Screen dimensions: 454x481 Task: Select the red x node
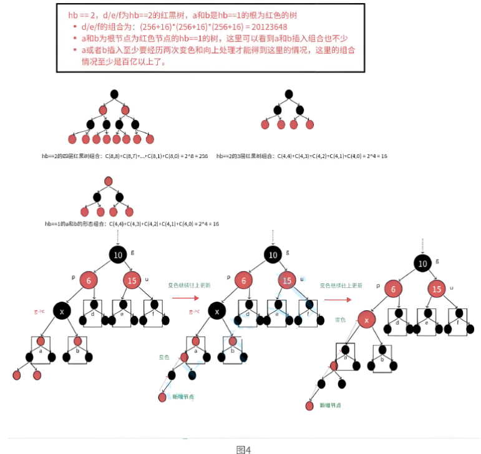367,320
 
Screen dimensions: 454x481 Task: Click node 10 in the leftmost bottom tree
118,254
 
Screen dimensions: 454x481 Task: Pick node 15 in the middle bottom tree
286,280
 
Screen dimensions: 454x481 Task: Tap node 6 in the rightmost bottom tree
392,289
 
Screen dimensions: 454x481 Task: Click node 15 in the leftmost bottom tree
132,280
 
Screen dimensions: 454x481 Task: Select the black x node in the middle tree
216,310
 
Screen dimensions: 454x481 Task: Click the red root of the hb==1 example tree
109,181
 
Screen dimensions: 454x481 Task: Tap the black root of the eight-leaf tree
114,94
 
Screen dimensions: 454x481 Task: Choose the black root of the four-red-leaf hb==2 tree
288,94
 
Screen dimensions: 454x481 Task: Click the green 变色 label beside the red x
341,319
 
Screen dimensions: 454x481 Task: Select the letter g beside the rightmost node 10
437,260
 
